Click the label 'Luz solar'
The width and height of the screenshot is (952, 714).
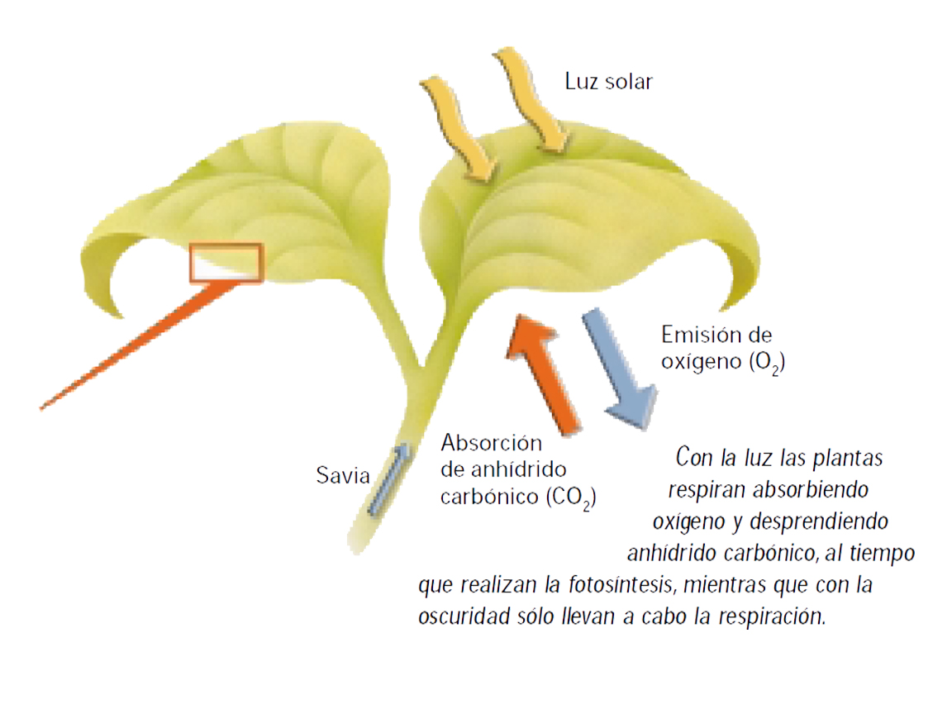(608, 81)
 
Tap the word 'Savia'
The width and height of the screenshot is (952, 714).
(342, 476)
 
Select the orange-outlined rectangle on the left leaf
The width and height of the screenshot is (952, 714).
(226, 263)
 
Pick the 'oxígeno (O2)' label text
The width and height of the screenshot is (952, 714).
(721, 363)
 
